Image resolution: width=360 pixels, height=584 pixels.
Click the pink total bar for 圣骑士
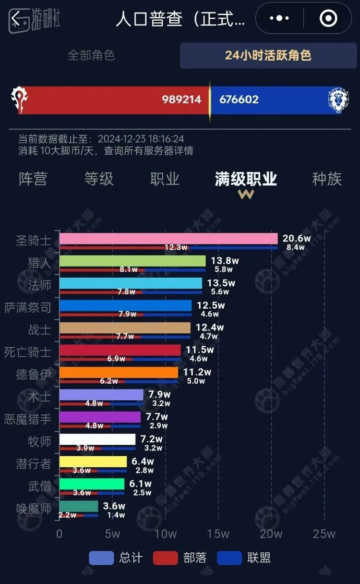[168, 239]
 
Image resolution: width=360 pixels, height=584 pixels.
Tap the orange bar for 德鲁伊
[119, 372]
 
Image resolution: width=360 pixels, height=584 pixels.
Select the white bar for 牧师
[97, 439]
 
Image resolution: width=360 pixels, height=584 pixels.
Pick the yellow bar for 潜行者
[93, 462]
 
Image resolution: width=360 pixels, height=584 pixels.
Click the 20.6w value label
[297, 239]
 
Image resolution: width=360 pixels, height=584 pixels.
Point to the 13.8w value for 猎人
[224, 261]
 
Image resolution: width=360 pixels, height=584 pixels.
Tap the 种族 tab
[327, 179]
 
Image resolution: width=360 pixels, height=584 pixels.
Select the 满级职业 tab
[246, 179]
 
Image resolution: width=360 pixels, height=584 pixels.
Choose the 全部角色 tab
[91, 55]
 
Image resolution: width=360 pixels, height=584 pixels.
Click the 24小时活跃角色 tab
[268, 55]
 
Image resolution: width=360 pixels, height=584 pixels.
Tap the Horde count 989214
[181, 99]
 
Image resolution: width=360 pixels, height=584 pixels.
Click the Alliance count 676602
[239, 99]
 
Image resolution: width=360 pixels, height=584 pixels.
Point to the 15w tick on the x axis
[218, 534]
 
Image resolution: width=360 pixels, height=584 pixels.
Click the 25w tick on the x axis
[324, 534]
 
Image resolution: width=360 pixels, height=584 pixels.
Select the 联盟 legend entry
[244, 558]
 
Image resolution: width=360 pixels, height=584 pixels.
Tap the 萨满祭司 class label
[27, 307]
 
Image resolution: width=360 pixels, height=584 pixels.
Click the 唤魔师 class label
[34, 508]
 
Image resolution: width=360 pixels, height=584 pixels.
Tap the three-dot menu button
[279, 18]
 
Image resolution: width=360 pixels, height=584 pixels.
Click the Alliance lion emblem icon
[338, 100]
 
